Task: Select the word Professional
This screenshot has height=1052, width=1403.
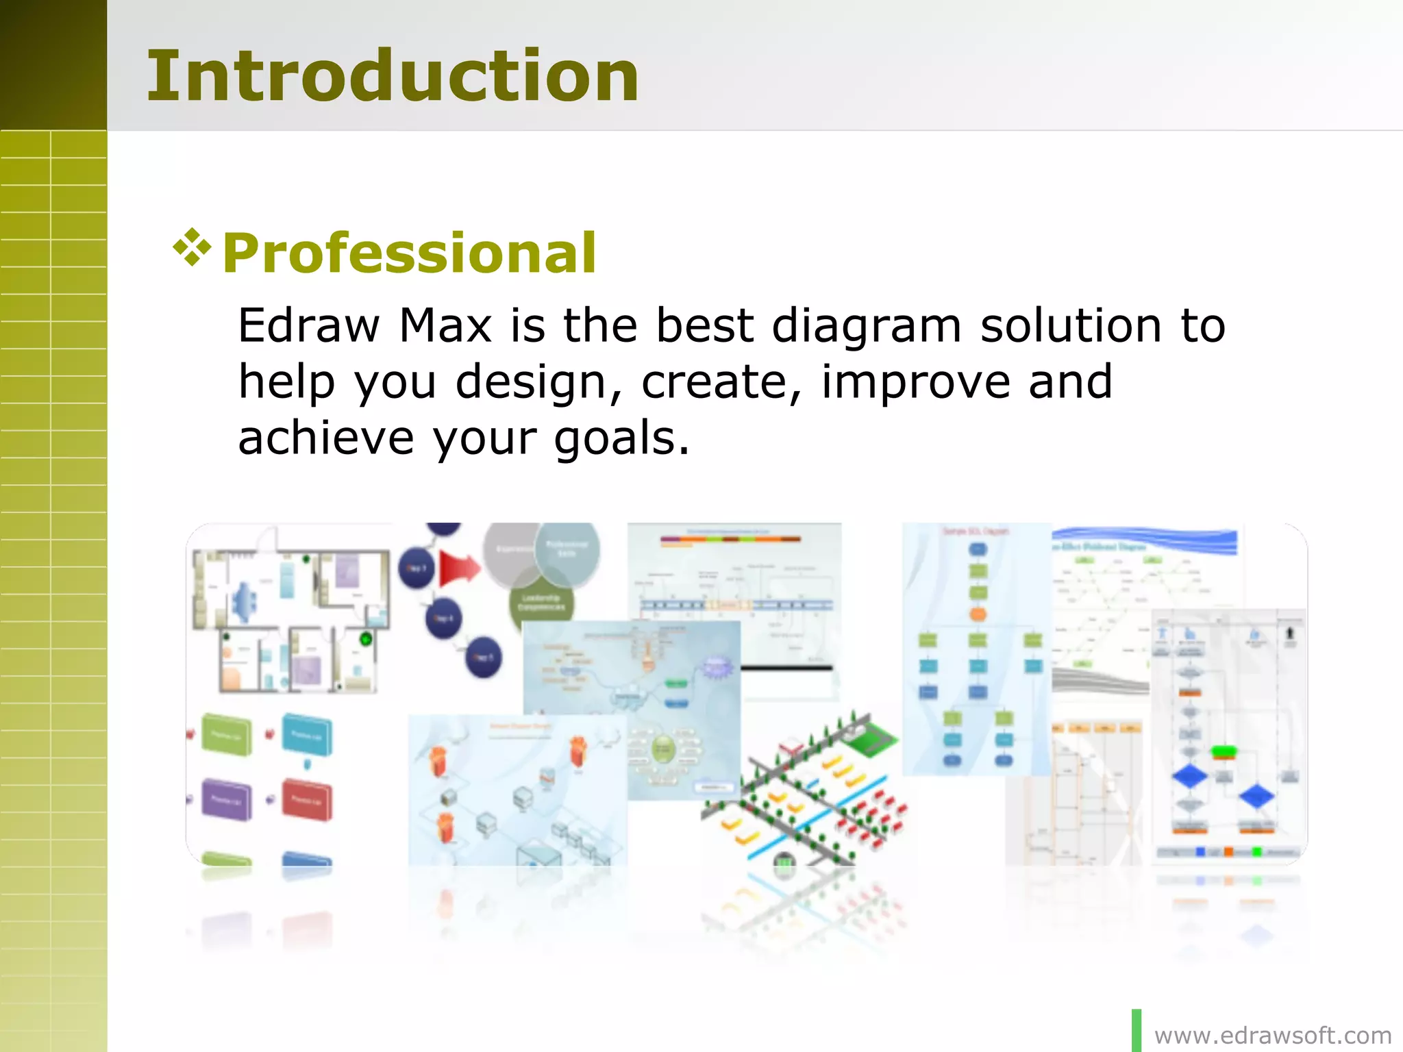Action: (409, 253)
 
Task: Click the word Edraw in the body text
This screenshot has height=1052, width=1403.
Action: (308, 325)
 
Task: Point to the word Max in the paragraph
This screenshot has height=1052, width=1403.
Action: (445, 325)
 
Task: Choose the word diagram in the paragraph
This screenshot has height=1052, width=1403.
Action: (866, 327)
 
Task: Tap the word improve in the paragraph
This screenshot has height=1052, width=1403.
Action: (915, 382)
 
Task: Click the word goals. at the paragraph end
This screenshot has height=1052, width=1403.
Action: (621, 438)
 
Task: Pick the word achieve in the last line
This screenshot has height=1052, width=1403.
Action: (325, 438)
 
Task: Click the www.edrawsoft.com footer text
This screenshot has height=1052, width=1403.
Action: (1273, 1036)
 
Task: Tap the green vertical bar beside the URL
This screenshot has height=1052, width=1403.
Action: (1137, 1030)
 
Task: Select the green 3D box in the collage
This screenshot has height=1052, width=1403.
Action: (227, 734)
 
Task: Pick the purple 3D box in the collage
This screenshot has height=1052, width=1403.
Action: (227, 799)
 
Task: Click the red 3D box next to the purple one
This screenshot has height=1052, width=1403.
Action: (307, 799)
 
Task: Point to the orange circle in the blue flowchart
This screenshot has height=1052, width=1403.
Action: (978, 614)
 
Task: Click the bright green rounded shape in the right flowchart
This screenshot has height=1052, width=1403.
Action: (1224, 752)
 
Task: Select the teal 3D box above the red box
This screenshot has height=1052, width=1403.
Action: (307, 734)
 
